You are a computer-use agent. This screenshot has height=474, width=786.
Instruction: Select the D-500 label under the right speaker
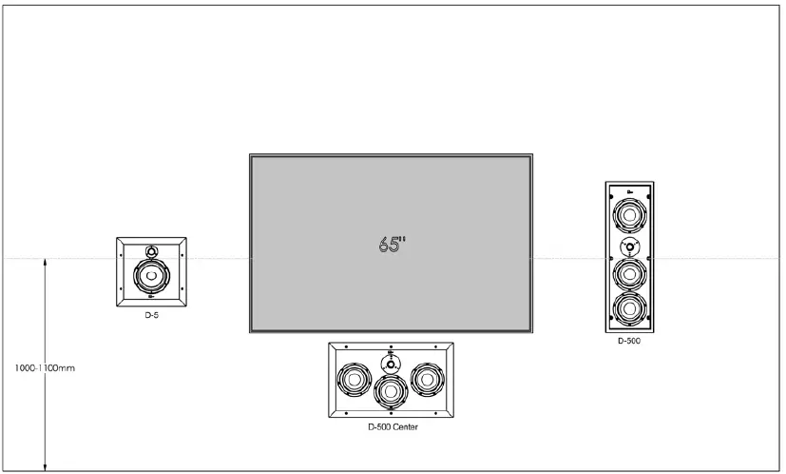coord(628,340)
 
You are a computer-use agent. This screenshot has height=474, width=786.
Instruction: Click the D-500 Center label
coord(393,427)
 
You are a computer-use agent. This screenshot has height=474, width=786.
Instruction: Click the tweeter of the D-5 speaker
coord(151,251)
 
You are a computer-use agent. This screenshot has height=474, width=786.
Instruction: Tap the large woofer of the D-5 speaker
coord(151,277)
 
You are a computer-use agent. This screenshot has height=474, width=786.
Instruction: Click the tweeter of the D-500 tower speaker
coord(628,246)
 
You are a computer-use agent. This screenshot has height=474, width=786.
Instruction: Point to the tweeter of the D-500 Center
coord(391,363)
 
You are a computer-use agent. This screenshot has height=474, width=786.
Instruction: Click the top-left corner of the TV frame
coord(251,155)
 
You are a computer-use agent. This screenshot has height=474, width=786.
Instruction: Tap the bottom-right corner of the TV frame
coord(531,331)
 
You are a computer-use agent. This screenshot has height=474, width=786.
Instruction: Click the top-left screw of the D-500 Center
coord(347,347)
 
